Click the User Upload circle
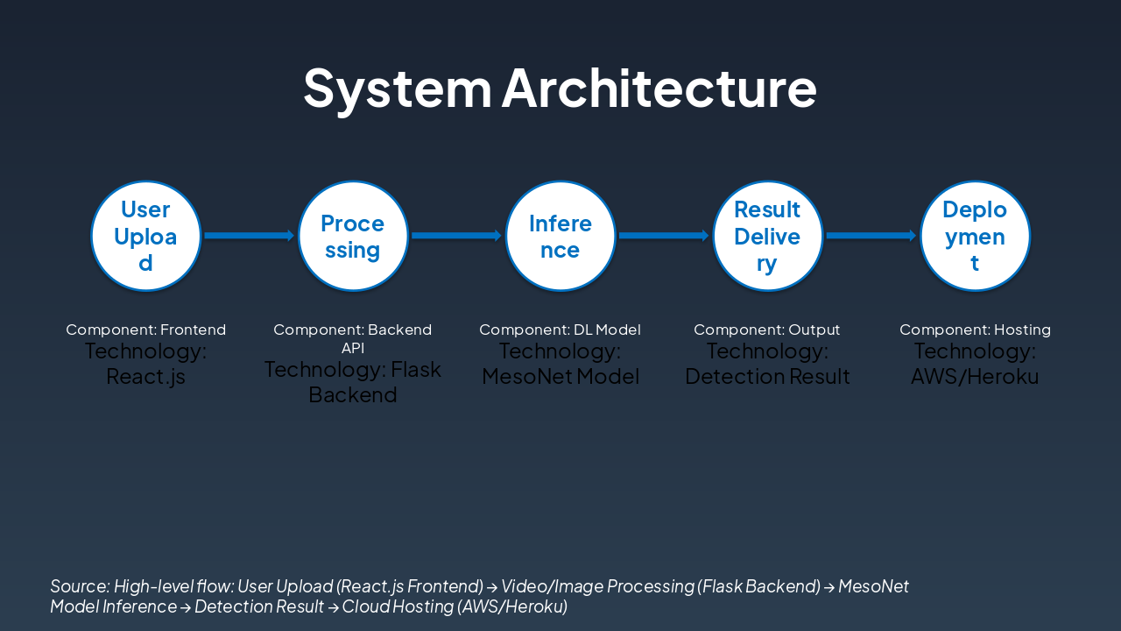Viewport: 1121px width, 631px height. click(x=146, y=236)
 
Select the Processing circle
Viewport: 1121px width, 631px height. click(x=353, y=236)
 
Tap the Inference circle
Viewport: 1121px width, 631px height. click(x=560, y=236)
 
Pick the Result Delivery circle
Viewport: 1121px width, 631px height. click(x=767, y=236)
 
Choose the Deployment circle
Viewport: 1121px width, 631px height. click(x=975, y=236)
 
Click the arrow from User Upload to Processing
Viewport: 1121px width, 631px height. click(x=249, y=236)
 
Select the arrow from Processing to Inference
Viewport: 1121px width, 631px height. click(x=456, y=236)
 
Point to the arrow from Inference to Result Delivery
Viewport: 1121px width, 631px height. click(x=663, y=236)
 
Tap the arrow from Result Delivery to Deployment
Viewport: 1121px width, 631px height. click(x=871, y=236)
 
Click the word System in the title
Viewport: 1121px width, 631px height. click(x=398, y=89)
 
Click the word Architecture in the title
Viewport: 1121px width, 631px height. click(x=659, y=89)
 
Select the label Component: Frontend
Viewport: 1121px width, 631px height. click(x=146, y=330)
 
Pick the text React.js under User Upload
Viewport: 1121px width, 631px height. click(x=146, y=377)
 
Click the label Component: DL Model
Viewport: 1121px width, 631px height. click(x=560, y=330)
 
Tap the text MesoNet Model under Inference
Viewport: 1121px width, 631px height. click(x=560, y=377)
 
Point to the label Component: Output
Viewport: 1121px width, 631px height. click(x=767, y=330)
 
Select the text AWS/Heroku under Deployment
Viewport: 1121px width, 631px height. click(x=975, y=377)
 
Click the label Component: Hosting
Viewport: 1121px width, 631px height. click(x=975, y=330)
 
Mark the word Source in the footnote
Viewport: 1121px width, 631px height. click(x=79, y=586)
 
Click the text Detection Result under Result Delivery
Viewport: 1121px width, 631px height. click(x=767, y=377)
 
